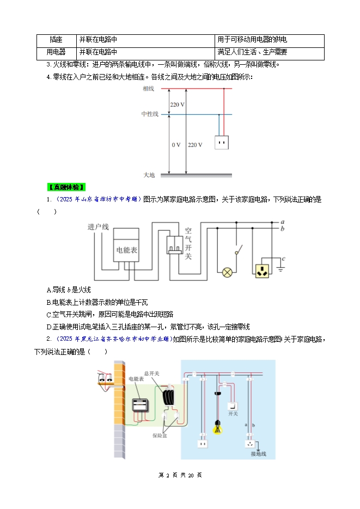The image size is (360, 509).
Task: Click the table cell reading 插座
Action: pyautogui.click(x=56, y=40)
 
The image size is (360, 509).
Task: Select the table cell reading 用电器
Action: pyautogui.click(x=56, y=53)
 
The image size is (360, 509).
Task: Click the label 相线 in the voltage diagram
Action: pyautogui.click(x=149, y=88)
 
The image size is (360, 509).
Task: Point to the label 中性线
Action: pyautogui.click(x=149, y=114)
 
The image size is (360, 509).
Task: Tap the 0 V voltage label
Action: pyautogui.click(x=176, y=145)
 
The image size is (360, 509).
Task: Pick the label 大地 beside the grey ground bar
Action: pyautogui.click(x=149, y=175)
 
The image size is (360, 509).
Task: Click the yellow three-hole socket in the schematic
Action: pyautogui.click(x=263, y=271)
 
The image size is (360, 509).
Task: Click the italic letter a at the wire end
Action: pyautogui.click(x=283, y=222)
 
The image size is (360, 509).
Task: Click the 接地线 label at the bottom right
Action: pyautogui.click(x=258, y=453)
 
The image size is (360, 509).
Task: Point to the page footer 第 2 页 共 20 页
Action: pyautogui.click(x=180, y=475)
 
